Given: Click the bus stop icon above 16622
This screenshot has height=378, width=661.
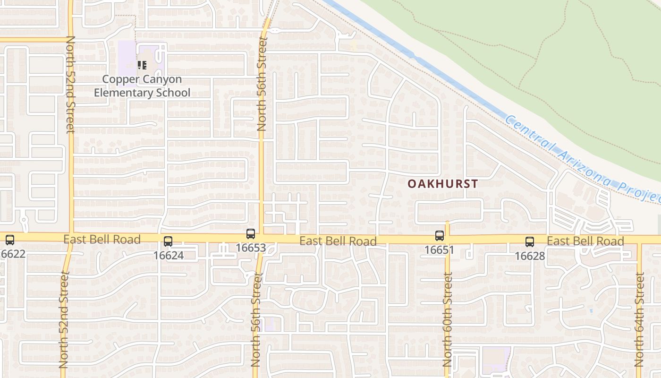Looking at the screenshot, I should (x=9, y=240).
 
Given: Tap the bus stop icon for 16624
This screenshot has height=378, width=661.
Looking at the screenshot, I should (x=168, y=241).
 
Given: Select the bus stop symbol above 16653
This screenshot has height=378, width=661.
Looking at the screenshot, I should (x=251, y=233).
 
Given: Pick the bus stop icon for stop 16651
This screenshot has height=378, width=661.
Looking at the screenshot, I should (x=440, y=235).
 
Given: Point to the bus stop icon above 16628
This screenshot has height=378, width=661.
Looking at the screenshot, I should (x=530, y=242).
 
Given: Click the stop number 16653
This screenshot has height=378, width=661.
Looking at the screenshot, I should (x=251, y=248).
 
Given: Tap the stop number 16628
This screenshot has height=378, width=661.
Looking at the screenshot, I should (x=530, y=256).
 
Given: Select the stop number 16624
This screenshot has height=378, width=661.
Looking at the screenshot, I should (x=168, y=256).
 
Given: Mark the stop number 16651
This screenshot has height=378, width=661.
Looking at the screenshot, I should (x=440, y=249).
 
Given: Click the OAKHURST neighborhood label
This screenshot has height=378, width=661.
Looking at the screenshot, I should (x=443, y=184).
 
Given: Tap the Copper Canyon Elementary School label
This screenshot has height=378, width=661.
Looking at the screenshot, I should (x=142, y=86).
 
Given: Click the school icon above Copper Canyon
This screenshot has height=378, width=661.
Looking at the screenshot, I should (x=142, y=65).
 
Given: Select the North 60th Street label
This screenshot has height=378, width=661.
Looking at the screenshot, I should (x=447, y=319).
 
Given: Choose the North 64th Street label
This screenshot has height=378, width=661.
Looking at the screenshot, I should (x=639, y=319).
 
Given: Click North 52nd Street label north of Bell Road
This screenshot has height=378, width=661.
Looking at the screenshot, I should (x=71, y=85).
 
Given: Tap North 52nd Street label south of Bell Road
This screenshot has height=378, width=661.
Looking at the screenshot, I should (x=64, y=319).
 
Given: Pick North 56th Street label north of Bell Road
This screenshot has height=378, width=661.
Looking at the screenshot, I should (x=263, y=84).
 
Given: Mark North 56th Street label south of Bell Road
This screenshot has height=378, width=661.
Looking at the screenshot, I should (x=255, y=319).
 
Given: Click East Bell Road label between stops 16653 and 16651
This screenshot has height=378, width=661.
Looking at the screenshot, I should (x=338, y=241).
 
